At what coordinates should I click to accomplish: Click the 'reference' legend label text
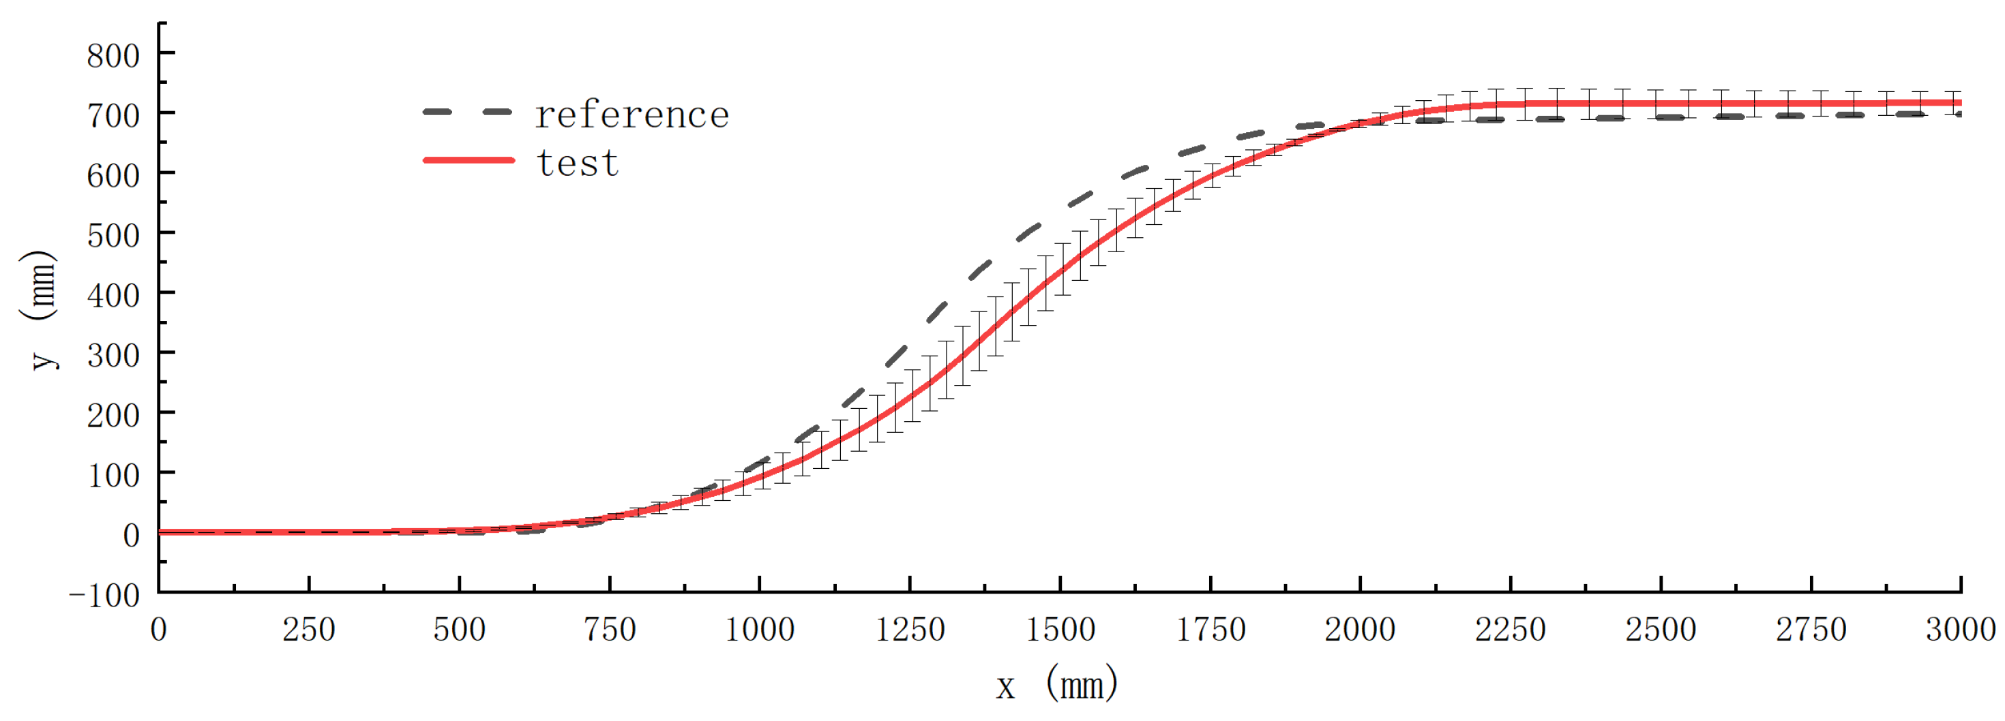click(632, 116)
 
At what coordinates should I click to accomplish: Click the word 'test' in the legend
click(578, 164)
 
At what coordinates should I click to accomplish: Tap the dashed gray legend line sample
click(467, 112)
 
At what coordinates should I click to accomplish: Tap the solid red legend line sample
click(469, 160)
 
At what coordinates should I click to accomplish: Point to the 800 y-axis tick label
click(113, 56)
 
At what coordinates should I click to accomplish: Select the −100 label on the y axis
click(104, 596)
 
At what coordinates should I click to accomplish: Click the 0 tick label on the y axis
click(132, 535)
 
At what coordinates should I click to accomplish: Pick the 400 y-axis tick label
click(113, 296)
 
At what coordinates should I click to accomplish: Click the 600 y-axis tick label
click(113, 176)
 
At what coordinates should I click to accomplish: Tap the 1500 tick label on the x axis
click(1060, 629)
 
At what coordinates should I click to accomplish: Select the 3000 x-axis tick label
click(1960, 629)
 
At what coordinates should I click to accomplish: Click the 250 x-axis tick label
click(308, 629)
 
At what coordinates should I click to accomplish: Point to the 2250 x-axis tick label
click(1510, 629)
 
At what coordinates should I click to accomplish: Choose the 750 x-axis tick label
click(610, 629)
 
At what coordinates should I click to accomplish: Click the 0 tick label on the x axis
click(158, 629)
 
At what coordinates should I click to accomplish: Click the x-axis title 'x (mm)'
click(1056, 685)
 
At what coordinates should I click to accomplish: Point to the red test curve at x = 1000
click(760, 476)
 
